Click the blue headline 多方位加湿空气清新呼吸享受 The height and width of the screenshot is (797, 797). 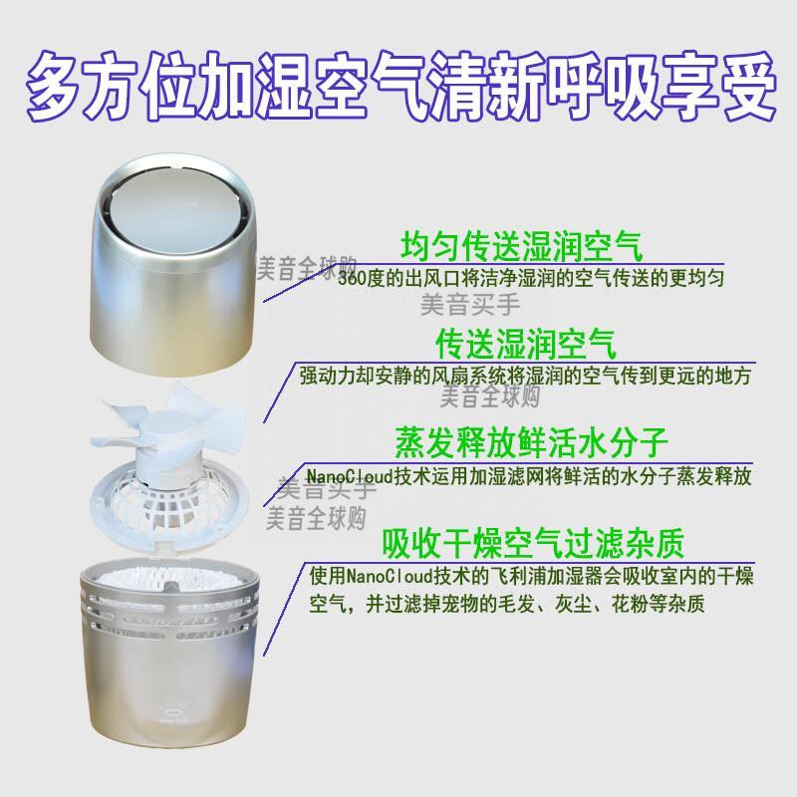click(x=400, y=85)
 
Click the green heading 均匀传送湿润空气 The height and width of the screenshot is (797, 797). click(x=522, y=247)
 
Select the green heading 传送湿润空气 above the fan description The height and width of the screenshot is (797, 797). click(x=526, y=344)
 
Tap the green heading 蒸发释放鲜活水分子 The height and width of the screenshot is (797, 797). click(x=531, y=442)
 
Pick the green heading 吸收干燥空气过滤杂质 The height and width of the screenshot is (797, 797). click(x=533, y=543)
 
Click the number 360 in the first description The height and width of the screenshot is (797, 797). click(x=351, y=279)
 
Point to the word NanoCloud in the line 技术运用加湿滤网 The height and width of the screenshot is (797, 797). click(x=350, y=476)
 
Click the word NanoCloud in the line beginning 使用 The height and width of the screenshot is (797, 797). click(x=391, y=577)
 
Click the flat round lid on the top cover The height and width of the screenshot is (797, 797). click(x=175, y=213)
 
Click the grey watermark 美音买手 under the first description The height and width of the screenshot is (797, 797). click(x=470, y=304)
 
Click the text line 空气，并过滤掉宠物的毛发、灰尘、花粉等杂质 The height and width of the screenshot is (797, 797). click(x=507, y=605)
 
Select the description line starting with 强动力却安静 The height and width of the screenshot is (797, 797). click(x=525, y=377)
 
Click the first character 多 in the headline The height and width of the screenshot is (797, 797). click(x=55, y=85)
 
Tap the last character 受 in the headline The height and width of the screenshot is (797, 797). click(x=746, y=85)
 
